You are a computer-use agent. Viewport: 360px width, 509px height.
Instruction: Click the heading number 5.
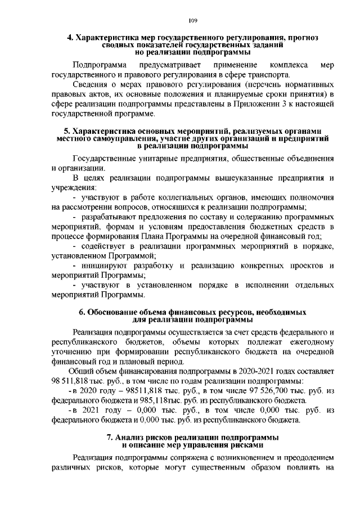pos(66,132)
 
